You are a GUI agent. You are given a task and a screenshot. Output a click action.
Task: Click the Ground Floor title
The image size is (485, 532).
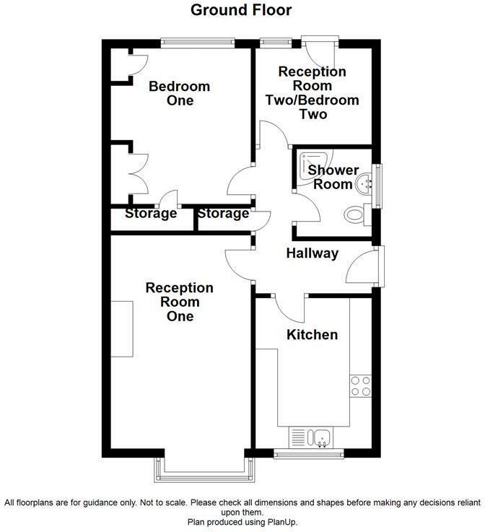(x=241, y=10)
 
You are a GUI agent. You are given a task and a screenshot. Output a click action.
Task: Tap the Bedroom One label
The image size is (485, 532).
(x=180, y=93)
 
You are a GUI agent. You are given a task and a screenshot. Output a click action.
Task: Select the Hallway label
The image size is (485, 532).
(x=313, y=253)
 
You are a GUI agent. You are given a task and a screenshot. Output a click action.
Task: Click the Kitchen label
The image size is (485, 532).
(x=313, y=334)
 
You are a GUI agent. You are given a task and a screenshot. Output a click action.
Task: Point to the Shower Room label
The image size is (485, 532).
(x=333, y=177)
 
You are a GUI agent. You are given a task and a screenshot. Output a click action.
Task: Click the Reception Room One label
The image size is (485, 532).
(x=180, y=302)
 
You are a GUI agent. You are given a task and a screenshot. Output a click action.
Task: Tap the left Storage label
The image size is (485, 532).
(x=151, y=214)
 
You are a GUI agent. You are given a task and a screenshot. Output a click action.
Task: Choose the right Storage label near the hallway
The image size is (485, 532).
(x=224, y=214)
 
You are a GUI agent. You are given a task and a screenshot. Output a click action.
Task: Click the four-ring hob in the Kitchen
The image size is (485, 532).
(x=361, y=386)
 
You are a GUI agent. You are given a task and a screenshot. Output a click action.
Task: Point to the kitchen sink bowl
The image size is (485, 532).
(x=319, y=437)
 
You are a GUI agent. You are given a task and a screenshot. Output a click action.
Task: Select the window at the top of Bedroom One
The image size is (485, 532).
(x=198, y=43)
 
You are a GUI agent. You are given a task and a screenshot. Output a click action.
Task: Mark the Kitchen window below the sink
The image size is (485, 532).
(x=309, y=454)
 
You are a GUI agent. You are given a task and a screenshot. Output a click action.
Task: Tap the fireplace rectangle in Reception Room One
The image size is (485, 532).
(x=122, y=328)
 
